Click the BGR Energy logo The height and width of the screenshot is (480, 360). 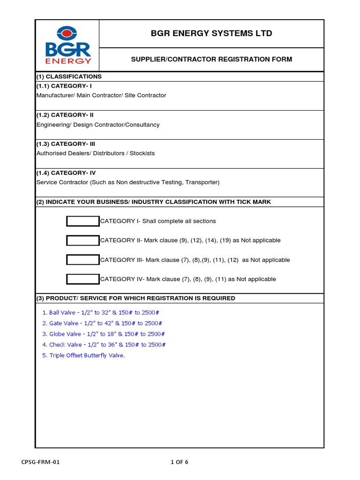coord(68,45)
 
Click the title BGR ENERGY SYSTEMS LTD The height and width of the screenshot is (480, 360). coord(211,33)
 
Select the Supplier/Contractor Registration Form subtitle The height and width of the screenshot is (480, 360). coord(211,59)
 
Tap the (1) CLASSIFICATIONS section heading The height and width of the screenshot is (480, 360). coord(69,76)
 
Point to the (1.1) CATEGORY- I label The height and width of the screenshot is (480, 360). coord(67,86)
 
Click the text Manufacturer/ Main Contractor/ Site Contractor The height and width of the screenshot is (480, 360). coord(101,95)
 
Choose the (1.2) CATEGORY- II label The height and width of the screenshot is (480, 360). coord(68,115)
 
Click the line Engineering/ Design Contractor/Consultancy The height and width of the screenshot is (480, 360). coord(98,125)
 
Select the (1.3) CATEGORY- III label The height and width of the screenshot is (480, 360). coord(69,144)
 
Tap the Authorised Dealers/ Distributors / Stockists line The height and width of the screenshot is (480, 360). coord(96,153)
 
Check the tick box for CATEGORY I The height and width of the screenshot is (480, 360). coord(83,221)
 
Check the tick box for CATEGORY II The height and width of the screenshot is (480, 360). coord(83,240)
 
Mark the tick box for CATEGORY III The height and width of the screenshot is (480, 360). coord(83,260)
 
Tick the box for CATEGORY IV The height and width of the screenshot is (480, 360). coord(83,279)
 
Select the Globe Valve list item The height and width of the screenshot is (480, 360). coord(104,334)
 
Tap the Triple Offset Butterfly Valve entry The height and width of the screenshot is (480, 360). coord(83,355)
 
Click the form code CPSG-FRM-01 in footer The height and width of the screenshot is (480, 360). coord(41,462)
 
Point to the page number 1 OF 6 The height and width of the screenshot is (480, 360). coord(180,462)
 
